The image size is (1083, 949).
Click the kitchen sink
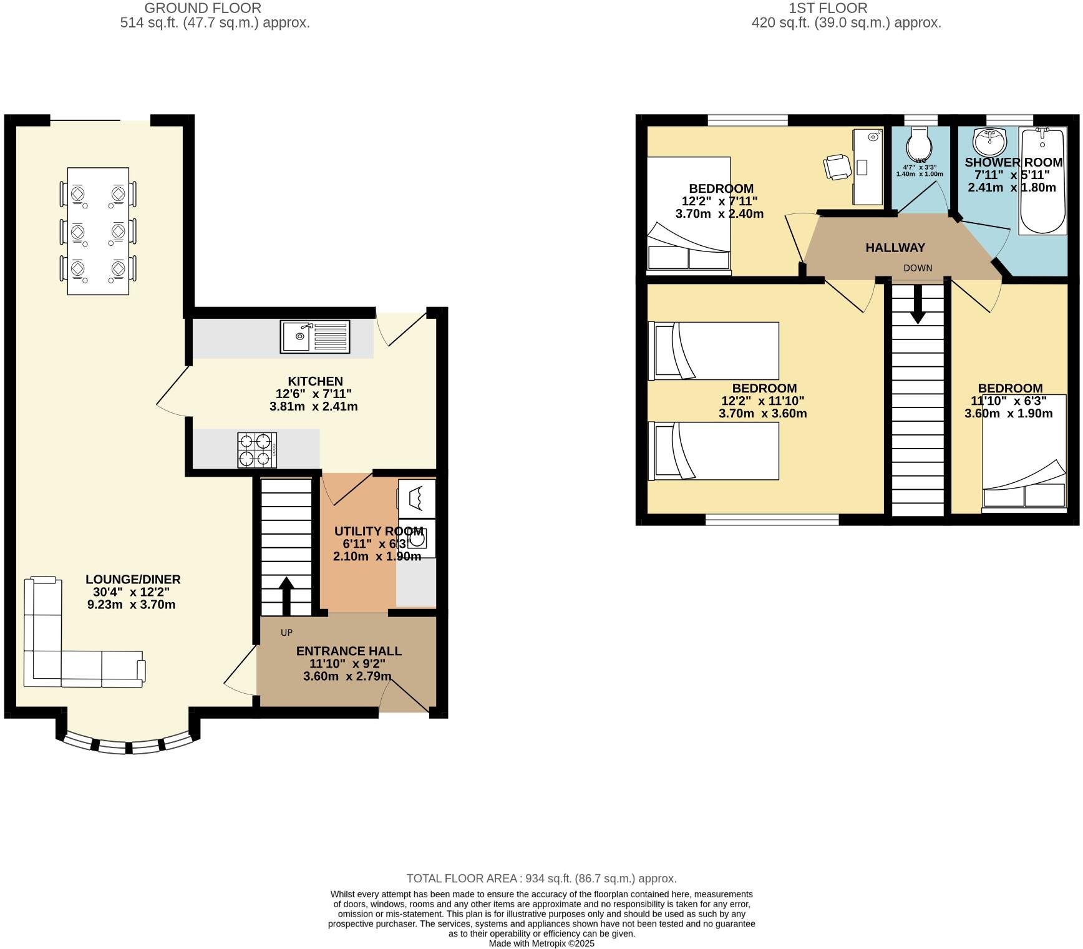[x=314, y=336]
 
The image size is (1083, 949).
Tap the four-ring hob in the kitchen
[x=256, y=450]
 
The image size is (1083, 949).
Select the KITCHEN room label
[x=315, y=381]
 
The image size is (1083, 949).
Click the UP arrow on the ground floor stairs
[x=286, y=596]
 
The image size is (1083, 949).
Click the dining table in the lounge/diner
[x=98, y=231]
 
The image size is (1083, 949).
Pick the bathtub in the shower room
[x=1042, y=181]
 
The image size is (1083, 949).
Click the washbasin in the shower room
[x=990, y=142]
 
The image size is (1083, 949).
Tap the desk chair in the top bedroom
[x=836, y=167]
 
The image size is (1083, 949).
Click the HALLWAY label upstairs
[x=895, y=248]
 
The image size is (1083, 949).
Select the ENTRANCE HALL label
[x=348, y=651]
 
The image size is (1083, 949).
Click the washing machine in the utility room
[x=416, y=537]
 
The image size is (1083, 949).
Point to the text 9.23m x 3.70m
[x=132, y=605]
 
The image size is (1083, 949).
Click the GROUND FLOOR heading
[x=203, y=8]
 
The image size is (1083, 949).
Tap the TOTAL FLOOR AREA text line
[x=541, y=878]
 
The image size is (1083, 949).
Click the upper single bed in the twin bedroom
[x=714, y=351]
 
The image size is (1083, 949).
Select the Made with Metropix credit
[x=541, y=943]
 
